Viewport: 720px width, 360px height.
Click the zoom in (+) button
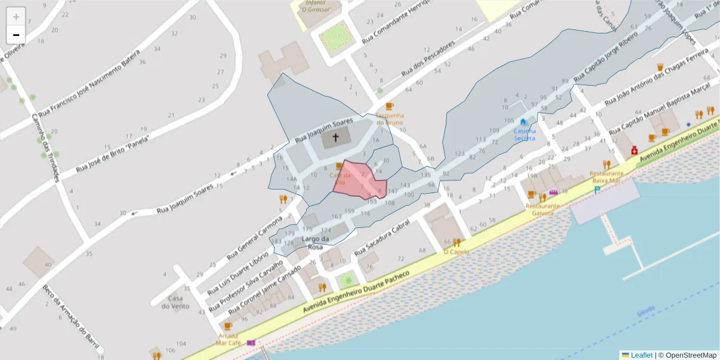[x=16, y=17]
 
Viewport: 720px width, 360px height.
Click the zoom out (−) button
[x=16, y=35]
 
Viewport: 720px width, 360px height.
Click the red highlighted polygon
[x=359, y=180]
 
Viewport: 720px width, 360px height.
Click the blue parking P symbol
[x=597, y=190]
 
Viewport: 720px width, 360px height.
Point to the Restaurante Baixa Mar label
[x=607, y=176]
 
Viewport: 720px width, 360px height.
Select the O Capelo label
[x=456, y=252]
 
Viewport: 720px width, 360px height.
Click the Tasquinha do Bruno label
[x=389, y=118]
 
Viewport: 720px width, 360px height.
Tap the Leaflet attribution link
[x=641, y=355]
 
